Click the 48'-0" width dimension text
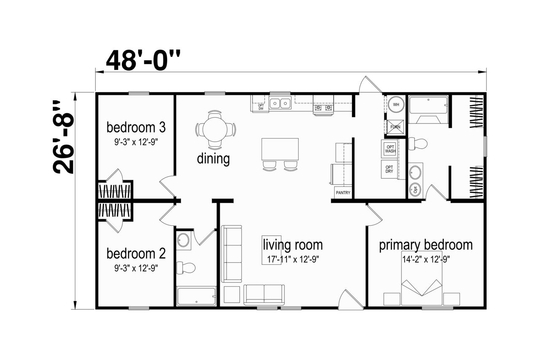[x=143, y=60]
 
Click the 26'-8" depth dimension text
[x=63, y=137]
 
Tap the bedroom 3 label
[x=136, y=127]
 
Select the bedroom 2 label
[x=136, y=254]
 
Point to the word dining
[x=213, y=159]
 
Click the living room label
[x=293, y=245]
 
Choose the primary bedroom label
[x=426, y=245]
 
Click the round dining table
[x=215, y=129]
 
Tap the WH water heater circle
[x=396, y=105]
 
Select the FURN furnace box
[x=395, y=127]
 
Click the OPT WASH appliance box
[x=389, y=149]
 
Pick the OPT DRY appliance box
[x=389, y=169]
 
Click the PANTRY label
[x=343, y=193]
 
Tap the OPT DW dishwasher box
[x=261, y=107]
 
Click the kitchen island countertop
[x=280, y=149]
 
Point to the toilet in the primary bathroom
[x=418, y=144]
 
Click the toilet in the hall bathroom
[x=186, y=268]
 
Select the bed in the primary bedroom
[x=421, y=278]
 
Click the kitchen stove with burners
[x=323, y=105]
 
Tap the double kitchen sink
[x=280, y=103]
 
